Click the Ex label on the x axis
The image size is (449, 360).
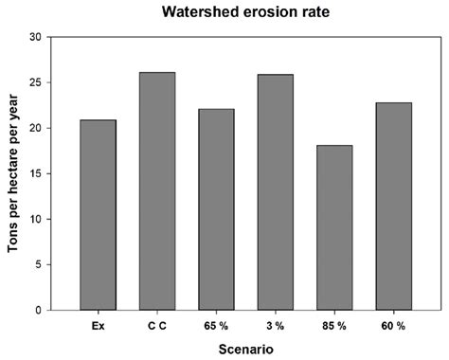(x=98, y=325)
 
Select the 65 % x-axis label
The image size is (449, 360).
(x=216, y=325)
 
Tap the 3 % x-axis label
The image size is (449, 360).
(x=275, y=325)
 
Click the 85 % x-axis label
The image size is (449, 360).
(x=334, y=325)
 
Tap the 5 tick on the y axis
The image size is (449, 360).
(x=37, y=264)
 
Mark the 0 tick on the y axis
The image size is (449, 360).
(x=37, y=310)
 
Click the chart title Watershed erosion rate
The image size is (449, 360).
(x=245, y=12)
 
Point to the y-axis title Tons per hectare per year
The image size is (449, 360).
(x=12, y=173)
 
